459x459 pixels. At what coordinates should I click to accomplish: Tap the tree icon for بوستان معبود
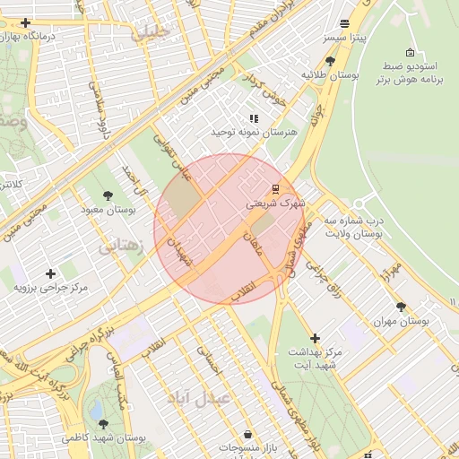point(108,195)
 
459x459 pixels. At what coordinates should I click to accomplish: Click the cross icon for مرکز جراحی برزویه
point(50,273)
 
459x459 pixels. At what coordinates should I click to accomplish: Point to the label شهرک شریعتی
point(275,204)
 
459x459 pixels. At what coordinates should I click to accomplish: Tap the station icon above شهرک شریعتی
point(275,189)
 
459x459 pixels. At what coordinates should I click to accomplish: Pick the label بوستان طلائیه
point(330,75)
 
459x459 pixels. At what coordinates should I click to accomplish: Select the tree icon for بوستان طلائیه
point(331,61)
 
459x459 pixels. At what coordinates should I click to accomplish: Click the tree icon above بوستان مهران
point(401,306)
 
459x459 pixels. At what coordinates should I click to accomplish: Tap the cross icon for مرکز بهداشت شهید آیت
point(314,338)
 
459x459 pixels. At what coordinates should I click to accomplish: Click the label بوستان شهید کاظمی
point(104,438)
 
